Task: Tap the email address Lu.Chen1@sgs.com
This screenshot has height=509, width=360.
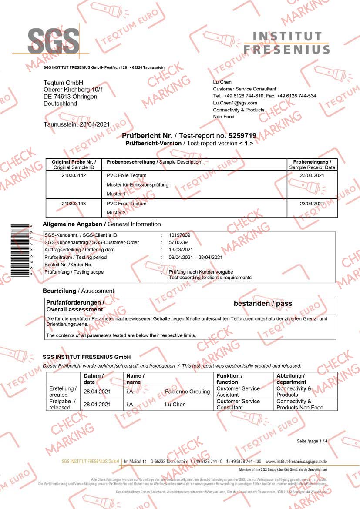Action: click(235, 103)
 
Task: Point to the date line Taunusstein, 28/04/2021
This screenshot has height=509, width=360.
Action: click(77, 124)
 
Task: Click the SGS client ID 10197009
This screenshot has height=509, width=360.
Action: click(179, 235)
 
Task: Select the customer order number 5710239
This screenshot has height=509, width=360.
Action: click(178, 242)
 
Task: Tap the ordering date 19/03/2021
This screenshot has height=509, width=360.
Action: click(181, 250)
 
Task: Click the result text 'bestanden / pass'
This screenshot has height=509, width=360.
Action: click(263, 304)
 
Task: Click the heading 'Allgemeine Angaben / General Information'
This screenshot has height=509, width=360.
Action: click(102, 224)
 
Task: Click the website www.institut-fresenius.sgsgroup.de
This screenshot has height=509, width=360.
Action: click(296, 461)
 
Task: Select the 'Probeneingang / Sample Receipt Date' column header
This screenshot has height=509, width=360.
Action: click(312, 164)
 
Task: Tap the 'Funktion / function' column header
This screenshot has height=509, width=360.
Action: click(229, 378)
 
